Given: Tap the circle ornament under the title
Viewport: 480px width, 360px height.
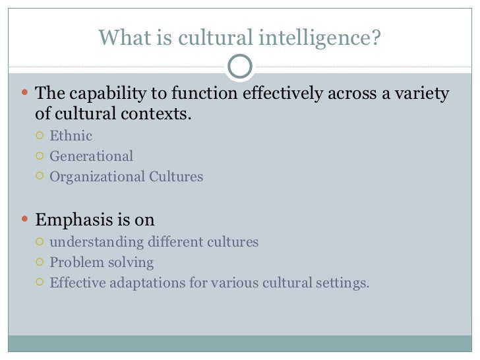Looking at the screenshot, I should click(x=240, y=65).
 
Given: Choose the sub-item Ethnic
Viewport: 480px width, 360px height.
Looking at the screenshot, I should click(x=71, y=136).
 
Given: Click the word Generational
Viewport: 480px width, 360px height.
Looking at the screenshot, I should click(x=91, y=156).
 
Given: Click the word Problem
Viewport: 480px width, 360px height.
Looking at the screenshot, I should click(x=76, y=262).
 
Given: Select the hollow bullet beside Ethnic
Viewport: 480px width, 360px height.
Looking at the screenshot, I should click(x=40, y=136).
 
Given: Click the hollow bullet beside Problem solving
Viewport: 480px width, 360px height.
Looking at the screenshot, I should click(x=40, y=262).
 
